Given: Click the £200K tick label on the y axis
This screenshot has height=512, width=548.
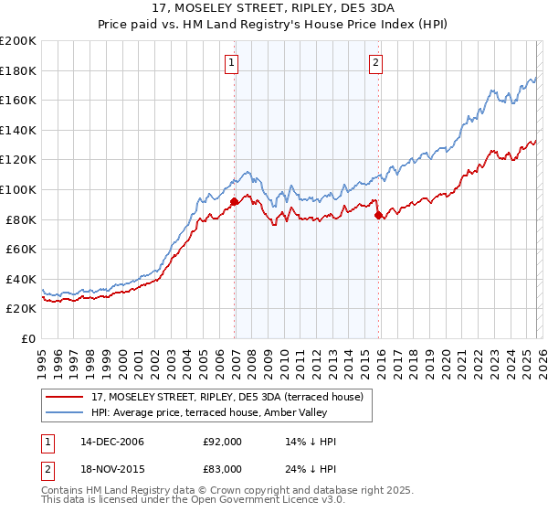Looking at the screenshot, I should click(x=18, y=41).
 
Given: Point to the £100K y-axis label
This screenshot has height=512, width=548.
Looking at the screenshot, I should click(x=18, y=189).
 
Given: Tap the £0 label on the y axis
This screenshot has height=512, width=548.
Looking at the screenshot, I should click(x=28, y=338).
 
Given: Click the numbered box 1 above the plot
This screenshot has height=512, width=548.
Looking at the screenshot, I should click(x=232, y=63).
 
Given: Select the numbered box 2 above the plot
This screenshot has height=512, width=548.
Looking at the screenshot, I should click(x=375, y=63).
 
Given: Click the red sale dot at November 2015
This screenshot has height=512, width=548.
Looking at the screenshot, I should click(x=379, y=215).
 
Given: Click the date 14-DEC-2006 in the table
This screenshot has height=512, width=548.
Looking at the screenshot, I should click(x=111, y=442).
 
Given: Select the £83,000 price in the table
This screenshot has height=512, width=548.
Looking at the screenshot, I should click(x=223, y=468).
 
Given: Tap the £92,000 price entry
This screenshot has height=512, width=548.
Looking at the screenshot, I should click(x=223, y=442).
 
